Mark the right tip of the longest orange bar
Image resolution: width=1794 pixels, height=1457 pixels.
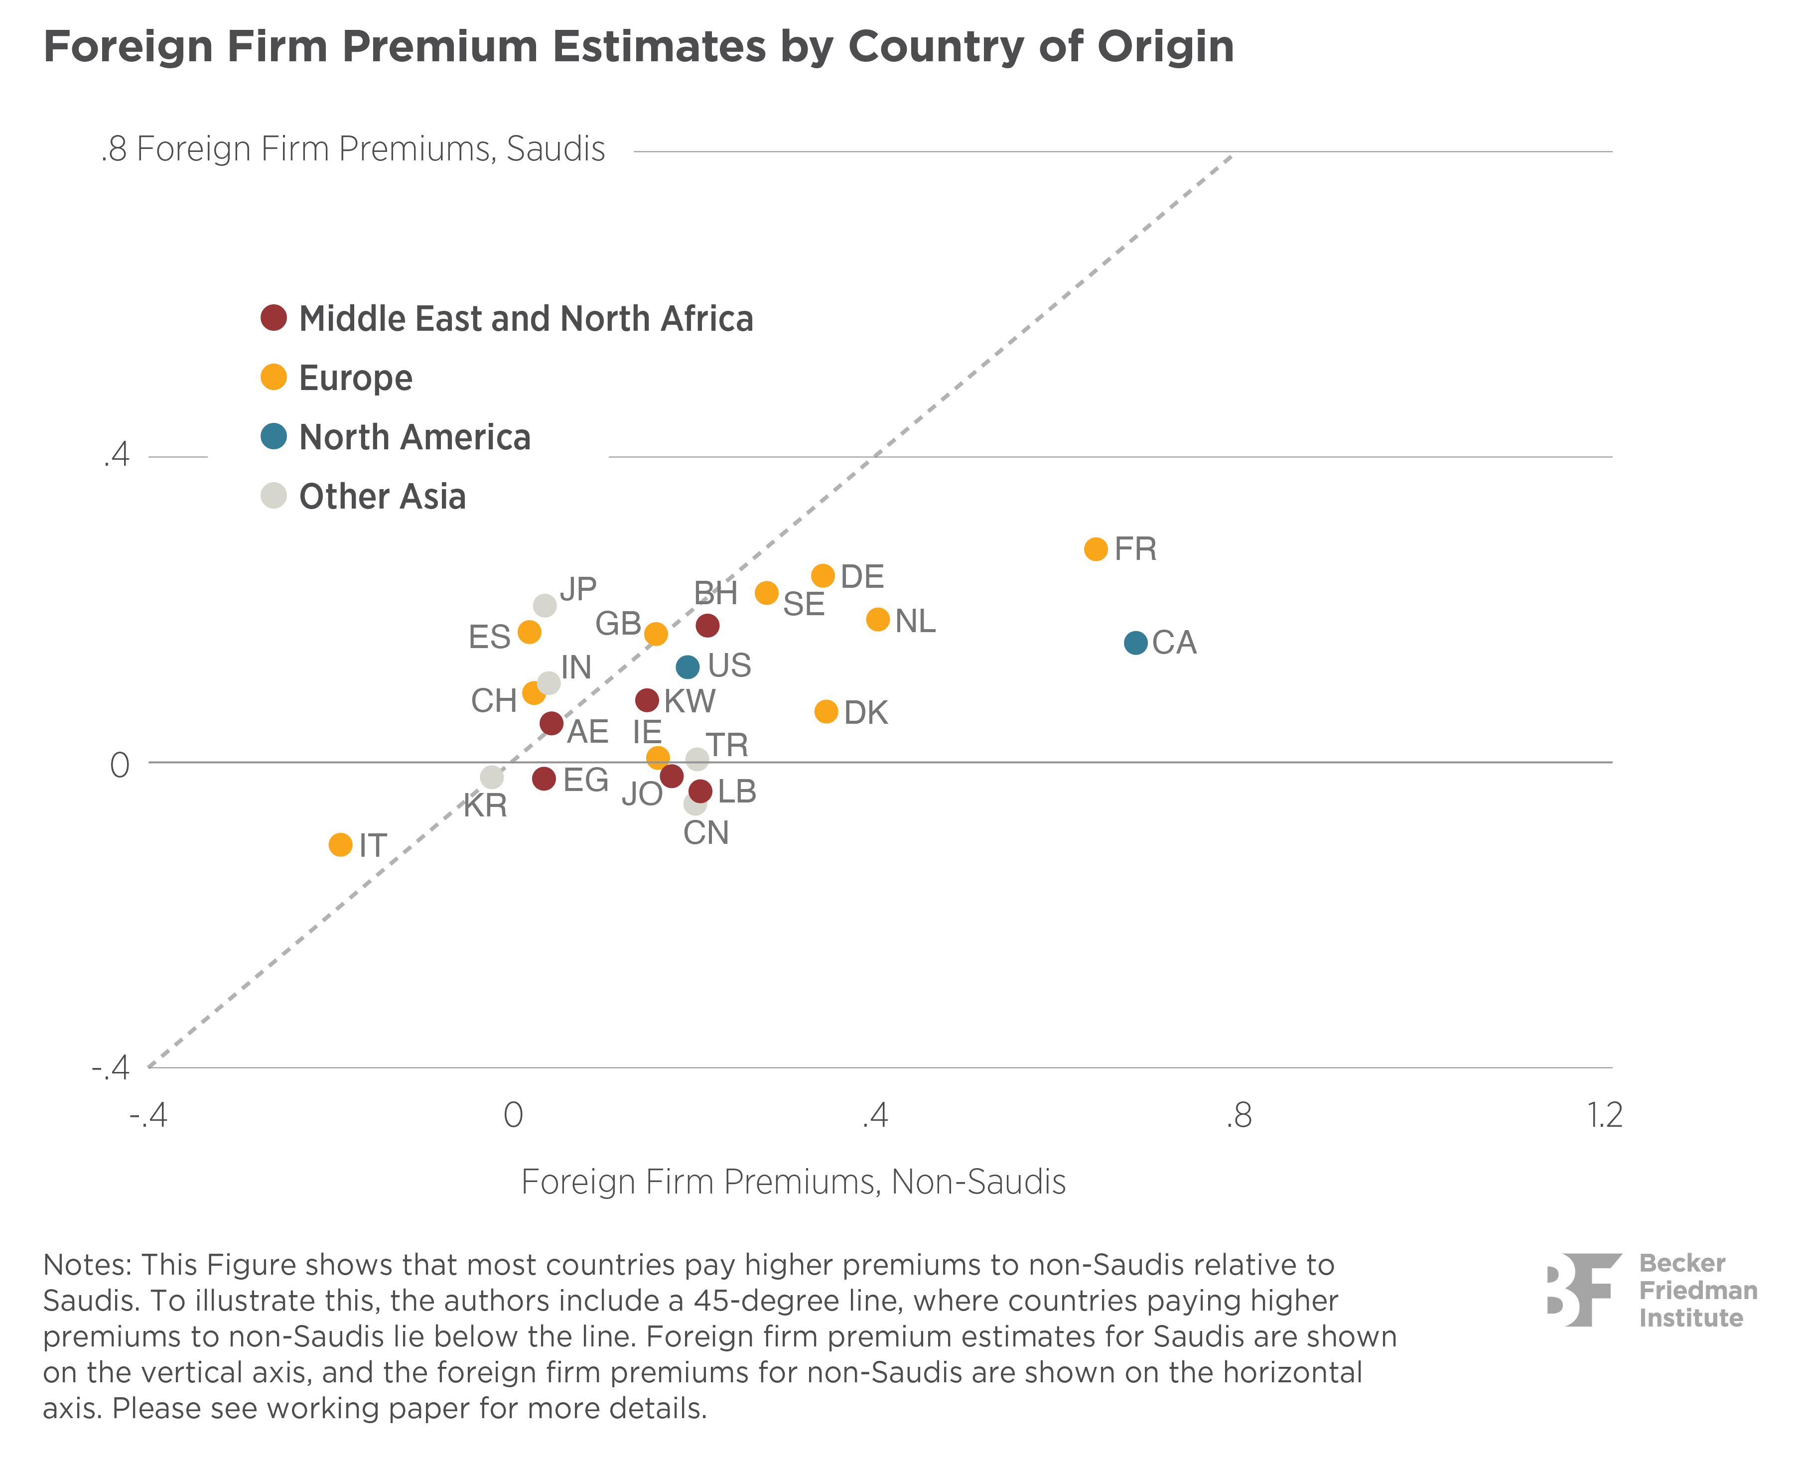click(x=1098, y=549)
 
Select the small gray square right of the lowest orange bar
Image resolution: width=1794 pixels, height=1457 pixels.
click(x=366, y=845)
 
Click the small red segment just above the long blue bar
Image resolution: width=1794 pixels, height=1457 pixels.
click(x=701, y=625)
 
